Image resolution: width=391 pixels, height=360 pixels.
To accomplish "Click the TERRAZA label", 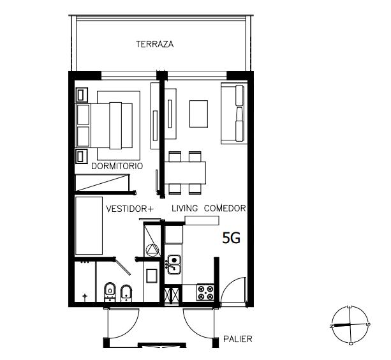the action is pyautogui.click(x=154, y=44).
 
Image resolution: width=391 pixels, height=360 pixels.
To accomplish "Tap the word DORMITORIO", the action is pyautogui.click(x=117, y=166).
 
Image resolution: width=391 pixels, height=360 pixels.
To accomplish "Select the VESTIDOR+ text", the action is pyautogui.click(x=130, y=209).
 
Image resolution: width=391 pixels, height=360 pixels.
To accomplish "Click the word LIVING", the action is pyautogui.click(x=185, y=208).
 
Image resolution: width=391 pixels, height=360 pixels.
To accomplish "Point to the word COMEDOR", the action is pyautogui.click(x=225, y=208).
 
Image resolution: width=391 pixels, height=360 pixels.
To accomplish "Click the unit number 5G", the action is pyautogui.click(x=232, y=238).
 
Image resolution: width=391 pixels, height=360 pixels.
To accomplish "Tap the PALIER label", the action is pyautogui.click(x=238, y=339).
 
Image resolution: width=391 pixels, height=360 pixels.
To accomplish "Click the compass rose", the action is pyautogui.click(x=350, y=325).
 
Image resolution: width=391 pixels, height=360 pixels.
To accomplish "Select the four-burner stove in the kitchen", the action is pyautogui.click(x=205, y=292).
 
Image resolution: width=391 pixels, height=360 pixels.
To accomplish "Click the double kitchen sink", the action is pyautogui.click(x=173, y=264).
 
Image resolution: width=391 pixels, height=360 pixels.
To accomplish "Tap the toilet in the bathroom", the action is pyautogui.click(x=110, y=292).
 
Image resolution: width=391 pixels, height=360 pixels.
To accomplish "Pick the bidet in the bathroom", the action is pyautogui.click(x=126, y=294).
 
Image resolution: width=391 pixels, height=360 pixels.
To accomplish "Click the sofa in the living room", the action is pyautogui.click(x=234, y=113).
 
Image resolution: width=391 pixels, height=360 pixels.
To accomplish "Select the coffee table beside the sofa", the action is pyautogui.click(x=199, y=114).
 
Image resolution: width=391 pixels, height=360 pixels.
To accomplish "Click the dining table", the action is pyautogui.click(x=185, y=173).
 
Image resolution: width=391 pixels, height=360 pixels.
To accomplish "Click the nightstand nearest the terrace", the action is pyautogui.click(x=82, y=95).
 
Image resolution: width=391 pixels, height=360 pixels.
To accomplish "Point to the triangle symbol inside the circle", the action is pyautogui.click(x=152, y=250).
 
